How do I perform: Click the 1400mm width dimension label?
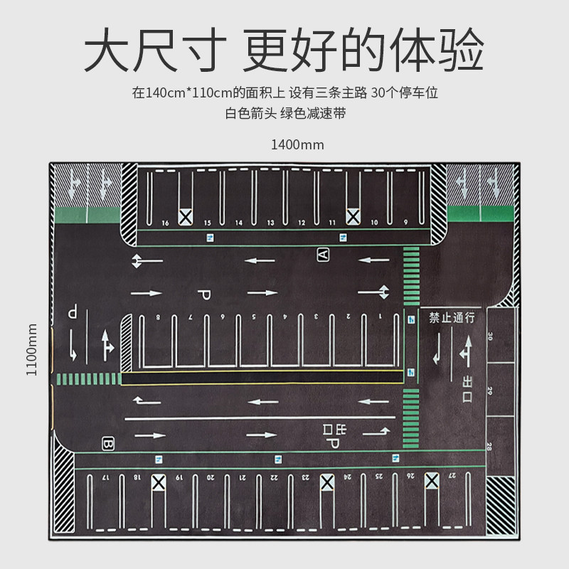tap(297, 145)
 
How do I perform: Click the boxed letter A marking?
tap(323, 254)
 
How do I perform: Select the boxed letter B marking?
tap(108, 442)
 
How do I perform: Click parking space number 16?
tap(166, 223)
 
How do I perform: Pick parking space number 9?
tap(405, 223)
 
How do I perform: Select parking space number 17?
tap(105, 476)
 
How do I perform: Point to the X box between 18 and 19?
tap(158, 483)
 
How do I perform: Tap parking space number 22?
tap(275, 476)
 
